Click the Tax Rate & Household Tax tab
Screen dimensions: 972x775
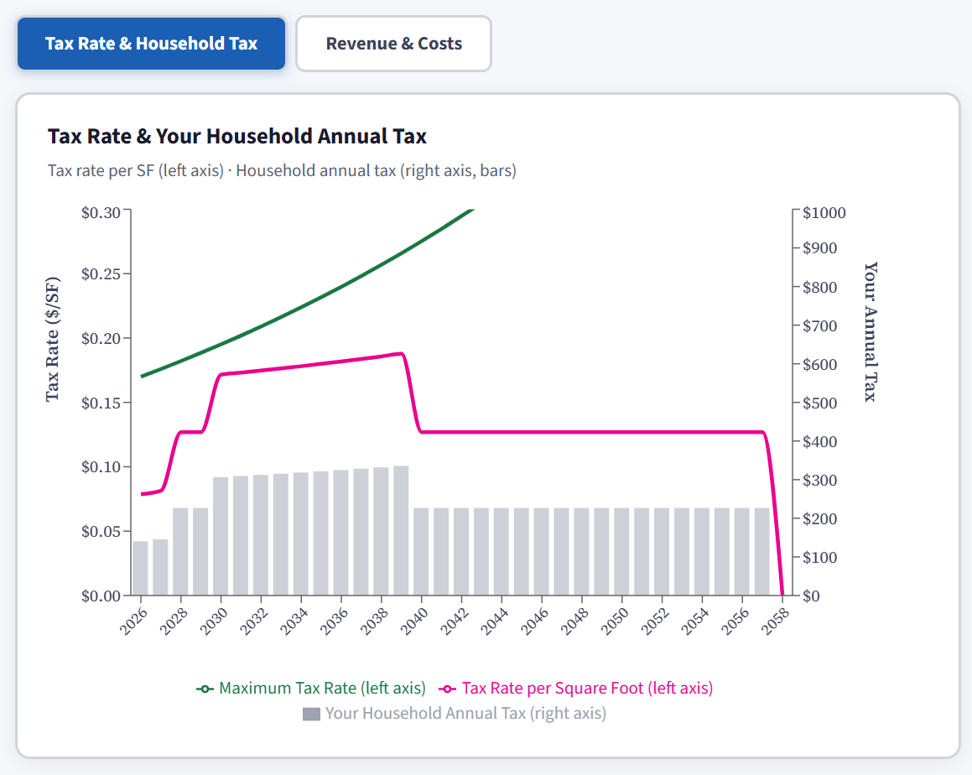point(151,44)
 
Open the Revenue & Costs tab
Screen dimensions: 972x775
point(393,44)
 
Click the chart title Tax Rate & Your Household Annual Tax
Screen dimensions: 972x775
point(237,136)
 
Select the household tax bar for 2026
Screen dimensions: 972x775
point(141,568)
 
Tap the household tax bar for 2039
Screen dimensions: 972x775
point(401,530)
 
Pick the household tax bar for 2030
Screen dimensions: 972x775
point(221,536)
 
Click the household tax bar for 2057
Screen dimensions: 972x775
point(761,551)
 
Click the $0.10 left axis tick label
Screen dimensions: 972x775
point(101,467)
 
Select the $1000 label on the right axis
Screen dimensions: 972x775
point(824,213)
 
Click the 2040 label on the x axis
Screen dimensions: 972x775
point(413,622)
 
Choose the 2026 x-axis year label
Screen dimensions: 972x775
point(133,622)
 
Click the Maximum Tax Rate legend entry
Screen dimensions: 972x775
point(311,689)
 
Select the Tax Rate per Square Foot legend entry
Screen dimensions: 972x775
point(576,689)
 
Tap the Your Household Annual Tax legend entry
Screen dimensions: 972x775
point(455,714)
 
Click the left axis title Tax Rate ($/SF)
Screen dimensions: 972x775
point(53,339)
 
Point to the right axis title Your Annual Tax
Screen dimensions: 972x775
point(871,331)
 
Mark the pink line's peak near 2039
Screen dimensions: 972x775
point(401,353)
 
